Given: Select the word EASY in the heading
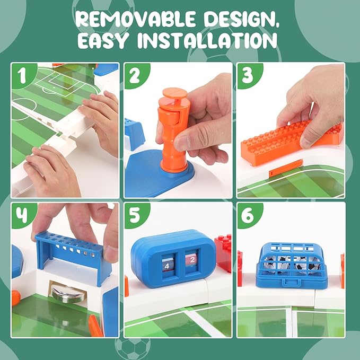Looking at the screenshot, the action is [102, 40].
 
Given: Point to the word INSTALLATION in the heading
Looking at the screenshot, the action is [207, 40].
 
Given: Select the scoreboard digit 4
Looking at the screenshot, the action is [167, 266].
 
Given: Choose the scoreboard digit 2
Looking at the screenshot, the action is [192, 260].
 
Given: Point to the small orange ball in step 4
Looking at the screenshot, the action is [15, 298].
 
